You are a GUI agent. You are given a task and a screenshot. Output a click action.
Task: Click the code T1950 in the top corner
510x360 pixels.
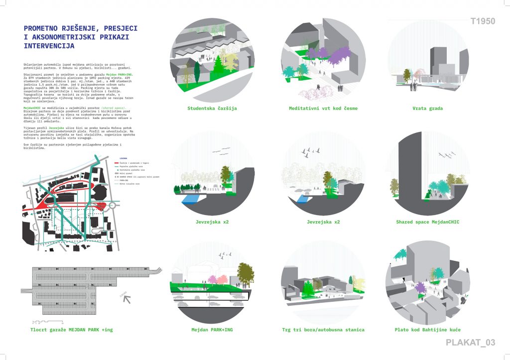[483, 21]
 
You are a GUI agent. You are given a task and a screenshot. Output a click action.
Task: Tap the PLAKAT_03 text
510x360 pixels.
[470, 342]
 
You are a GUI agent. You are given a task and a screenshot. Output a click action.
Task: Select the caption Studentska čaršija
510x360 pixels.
[212, 108]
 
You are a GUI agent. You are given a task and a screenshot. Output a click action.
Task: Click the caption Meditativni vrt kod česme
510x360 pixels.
[323, 108]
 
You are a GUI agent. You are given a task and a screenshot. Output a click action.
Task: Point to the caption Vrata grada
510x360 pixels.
[427, 108]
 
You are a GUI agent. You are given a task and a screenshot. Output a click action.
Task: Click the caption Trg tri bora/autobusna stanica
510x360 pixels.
[323, 330]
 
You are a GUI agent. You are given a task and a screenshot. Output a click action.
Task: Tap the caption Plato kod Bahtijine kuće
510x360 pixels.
[427, 330]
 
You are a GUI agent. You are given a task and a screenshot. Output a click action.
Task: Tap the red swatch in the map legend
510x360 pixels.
[117, 163]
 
